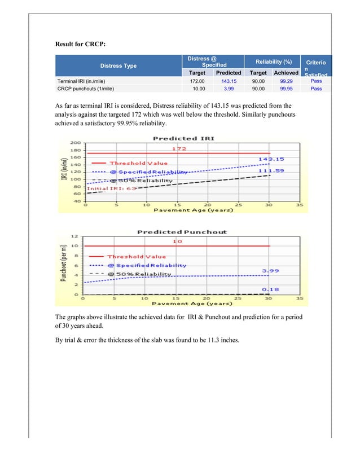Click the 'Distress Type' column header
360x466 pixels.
point(121,66)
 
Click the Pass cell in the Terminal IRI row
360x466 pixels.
point(316,81)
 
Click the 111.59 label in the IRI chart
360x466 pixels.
point(270,170)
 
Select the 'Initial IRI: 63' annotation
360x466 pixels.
point(112,188)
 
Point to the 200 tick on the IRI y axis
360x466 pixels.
point(76,143)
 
